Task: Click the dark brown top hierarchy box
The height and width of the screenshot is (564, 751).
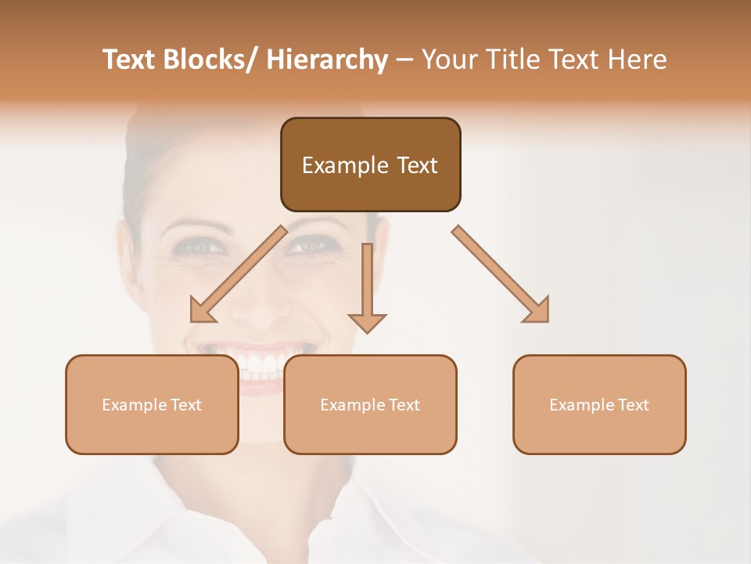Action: [370, 164]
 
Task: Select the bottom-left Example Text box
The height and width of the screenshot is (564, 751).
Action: [152, 404]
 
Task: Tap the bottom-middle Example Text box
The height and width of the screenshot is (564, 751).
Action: [370, 404]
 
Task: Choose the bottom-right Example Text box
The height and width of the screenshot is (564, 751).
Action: [599, 404]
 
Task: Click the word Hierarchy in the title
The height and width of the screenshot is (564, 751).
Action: [327, 60]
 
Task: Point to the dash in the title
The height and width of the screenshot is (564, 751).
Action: [404, 60]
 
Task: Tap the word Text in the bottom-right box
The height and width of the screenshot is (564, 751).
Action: [633, 405]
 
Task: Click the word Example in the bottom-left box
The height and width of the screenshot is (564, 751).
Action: [133, 405]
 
